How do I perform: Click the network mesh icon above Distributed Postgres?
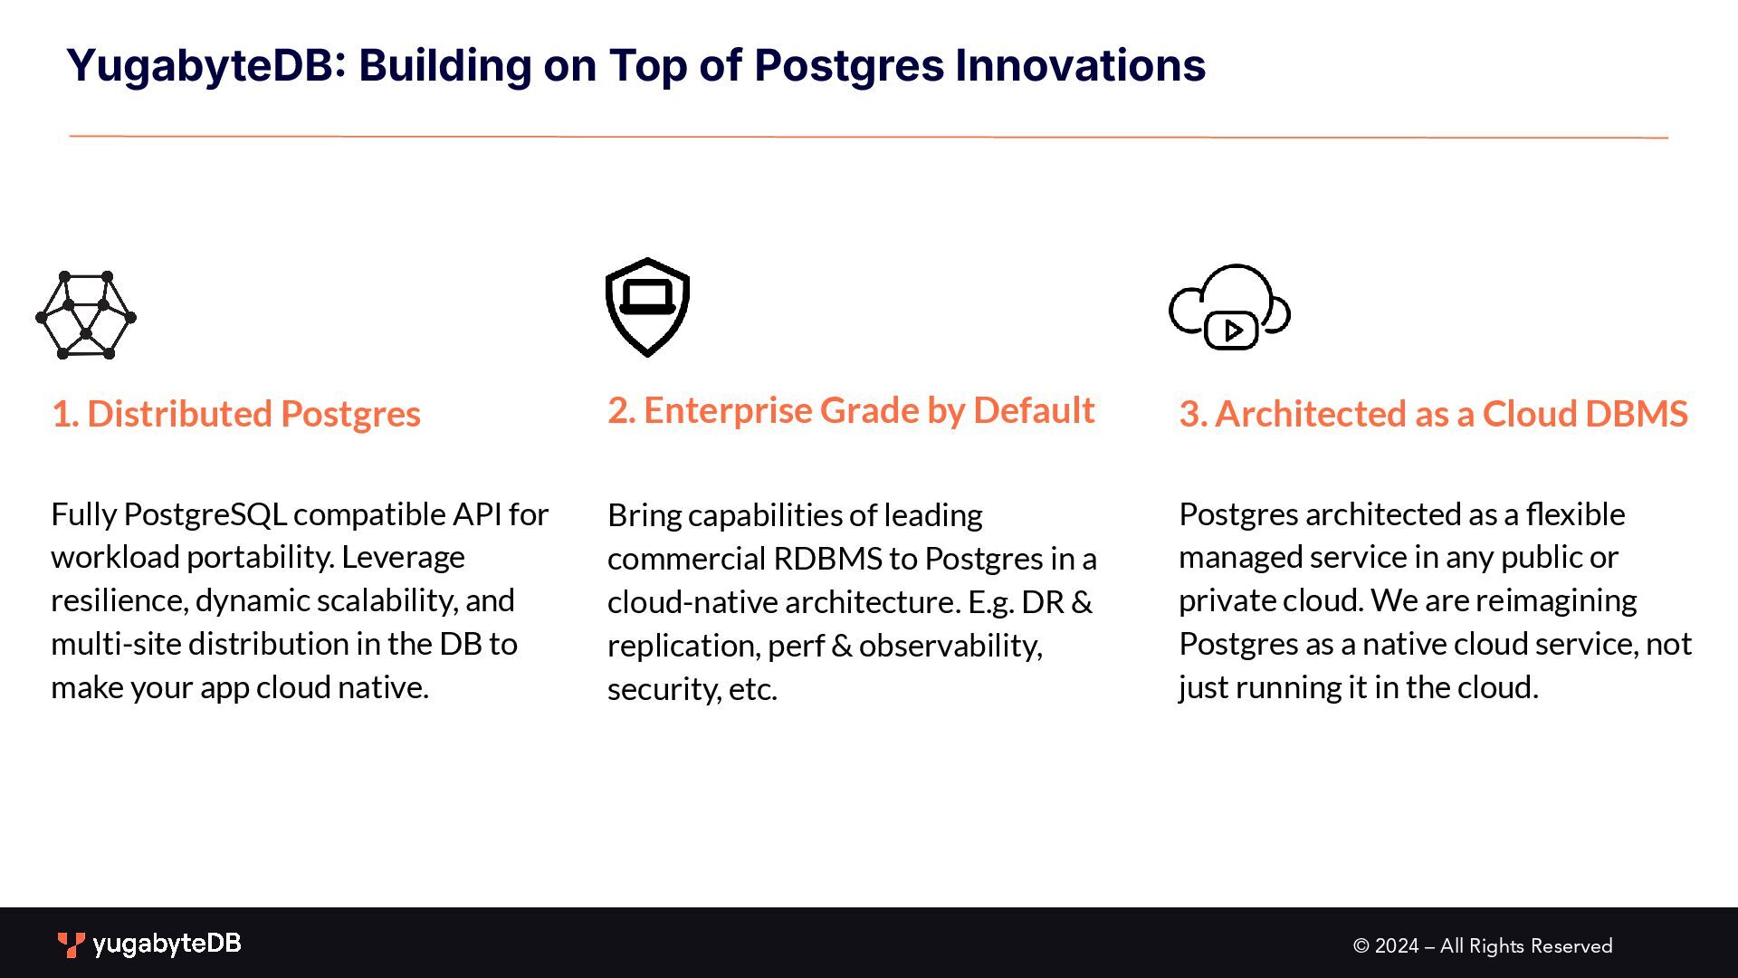86,315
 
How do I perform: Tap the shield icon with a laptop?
647,307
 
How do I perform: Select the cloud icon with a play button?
1229,307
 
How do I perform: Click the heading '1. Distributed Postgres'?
236,414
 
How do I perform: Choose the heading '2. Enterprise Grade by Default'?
851,411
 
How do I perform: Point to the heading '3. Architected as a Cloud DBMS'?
1433,414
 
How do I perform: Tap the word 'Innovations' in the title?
1080,65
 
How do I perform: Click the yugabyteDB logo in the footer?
149,944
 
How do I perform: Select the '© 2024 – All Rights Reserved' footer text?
1483,946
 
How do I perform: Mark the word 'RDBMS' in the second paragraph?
827,559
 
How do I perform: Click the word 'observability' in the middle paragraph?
950,647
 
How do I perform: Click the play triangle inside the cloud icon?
1233,331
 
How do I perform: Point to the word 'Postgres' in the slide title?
849,66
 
